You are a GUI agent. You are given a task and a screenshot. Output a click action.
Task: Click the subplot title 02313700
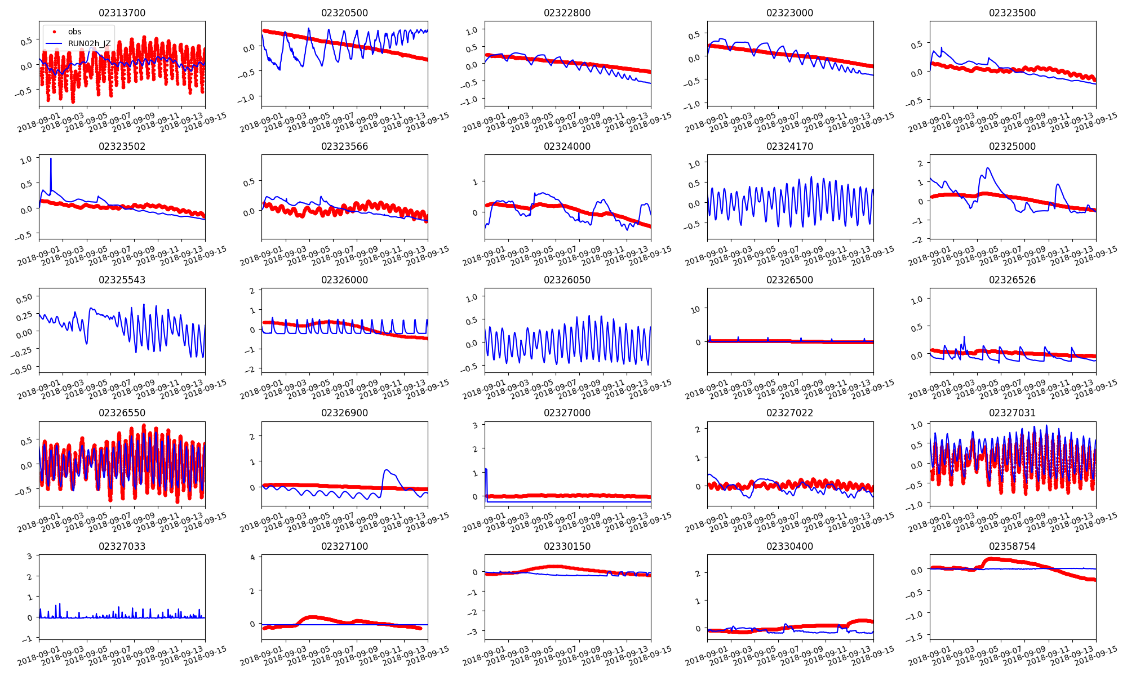coord(122,13)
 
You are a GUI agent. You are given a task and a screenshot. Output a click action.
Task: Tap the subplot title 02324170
coord(789,146)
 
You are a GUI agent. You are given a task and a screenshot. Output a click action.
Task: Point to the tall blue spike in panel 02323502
coord(51,159)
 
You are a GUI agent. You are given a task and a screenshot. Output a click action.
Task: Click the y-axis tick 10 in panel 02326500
coord(695,309)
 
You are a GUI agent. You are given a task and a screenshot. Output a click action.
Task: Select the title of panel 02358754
coord(1012,546)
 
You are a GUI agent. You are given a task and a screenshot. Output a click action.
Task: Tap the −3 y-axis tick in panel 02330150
coord(474,632)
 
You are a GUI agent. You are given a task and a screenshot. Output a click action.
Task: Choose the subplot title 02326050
coord(567,280)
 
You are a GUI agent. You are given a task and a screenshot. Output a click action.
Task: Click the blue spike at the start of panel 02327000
coord(486,470)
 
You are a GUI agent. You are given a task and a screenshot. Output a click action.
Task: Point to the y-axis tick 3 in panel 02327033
coord(29,556)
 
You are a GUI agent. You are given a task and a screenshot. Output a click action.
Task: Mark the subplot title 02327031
coord(1012,413)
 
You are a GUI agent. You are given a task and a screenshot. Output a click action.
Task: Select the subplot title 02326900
coord(344,413)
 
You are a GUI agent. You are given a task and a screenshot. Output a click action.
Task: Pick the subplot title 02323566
coord(344,146)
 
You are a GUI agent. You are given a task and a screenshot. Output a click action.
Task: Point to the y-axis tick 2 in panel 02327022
coord(698,429)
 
